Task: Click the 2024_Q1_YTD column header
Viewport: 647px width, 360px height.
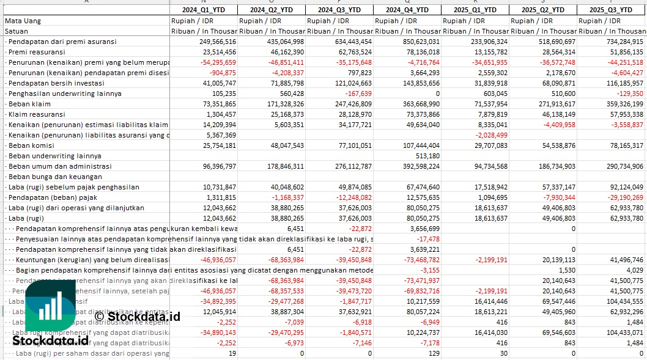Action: pos(203,10)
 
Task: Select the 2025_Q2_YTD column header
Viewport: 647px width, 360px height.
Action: pos(543,10)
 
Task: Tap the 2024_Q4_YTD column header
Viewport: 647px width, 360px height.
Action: pos(407,10)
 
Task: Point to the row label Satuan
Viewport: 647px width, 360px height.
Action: pos(17,31)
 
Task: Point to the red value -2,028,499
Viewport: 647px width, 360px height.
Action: pos(490,135)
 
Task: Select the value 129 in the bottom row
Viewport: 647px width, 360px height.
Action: pos(434,353)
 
